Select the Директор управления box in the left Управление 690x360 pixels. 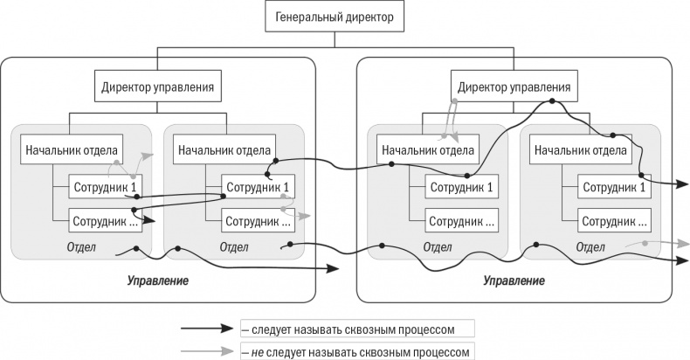coord(155,87)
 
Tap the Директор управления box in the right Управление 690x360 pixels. coord(514,87)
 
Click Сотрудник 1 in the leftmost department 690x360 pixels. coord(104,186)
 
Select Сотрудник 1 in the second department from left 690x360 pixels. coord(257,186)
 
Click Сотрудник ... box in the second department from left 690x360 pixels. coord(257,220)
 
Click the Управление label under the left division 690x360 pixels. coord(157,281)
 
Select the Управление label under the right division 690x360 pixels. coord(514,281)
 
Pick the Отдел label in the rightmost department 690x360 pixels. coord(590,247)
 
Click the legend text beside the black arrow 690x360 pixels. coord(358,329)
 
